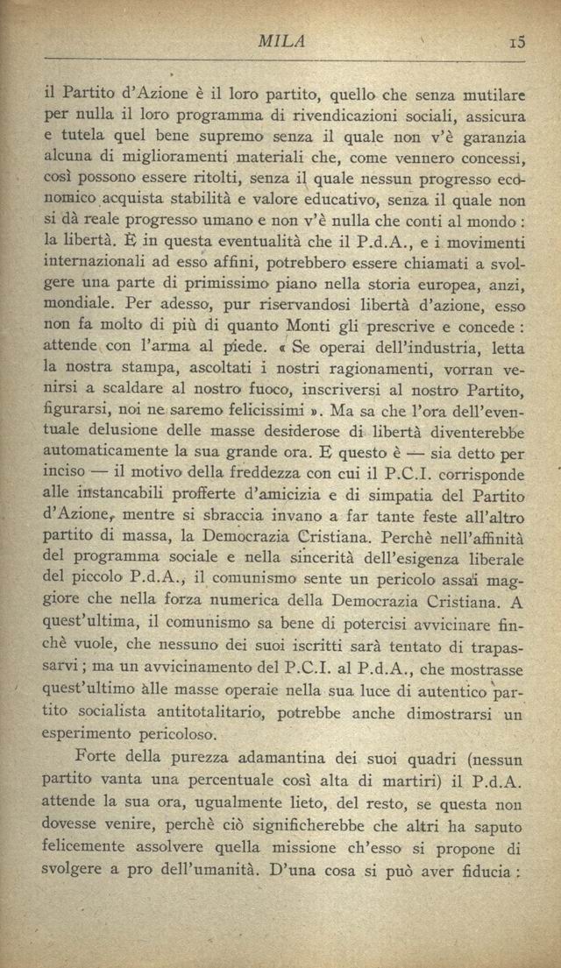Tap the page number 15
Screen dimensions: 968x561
click(515, 41)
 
